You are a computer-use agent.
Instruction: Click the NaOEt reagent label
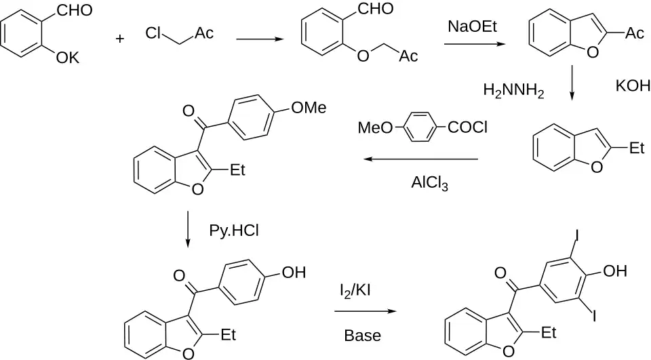[x=472, y=26]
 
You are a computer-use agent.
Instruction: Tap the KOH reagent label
[x=633, y=86]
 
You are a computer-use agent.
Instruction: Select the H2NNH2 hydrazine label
[x=513, y=90]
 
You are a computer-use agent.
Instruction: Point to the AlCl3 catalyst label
[x=430, y=183]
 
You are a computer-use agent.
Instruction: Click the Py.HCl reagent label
[x=234, y=231]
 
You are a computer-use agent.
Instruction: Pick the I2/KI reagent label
[x=355, y=290]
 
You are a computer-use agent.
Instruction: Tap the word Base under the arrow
[x=362, y=335]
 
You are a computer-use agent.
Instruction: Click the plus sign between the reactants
[x=119, y=39]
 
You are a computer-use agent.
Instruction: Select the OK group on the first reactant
[x=68, y=58]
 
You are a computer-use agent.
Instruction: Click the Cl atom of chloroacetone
[x=153, y=33]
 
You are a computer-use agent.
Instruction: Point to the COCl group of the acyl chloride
[x=468, y=127]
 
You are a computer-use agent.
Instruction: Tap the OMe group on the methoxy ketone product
[x=309, y=108]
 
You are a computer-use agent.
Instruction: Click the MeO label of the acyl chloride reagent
[x=375, y=127]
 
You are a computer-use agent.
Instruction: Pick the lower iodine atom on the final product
[x=594, y=317]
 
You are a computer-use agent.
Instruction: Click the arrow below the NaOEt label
[x=475, y=44]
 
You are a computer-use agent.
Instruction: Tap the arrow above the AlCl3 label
[x=421, y=159]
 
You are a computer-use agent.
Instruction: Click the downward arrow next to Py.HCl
[x=188, y=229]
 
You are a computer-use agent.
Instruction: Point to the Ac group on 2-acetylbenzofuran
[x=635, y=33]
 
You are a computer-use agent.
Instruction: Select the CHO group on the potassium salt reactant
[x=75, y=10]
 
